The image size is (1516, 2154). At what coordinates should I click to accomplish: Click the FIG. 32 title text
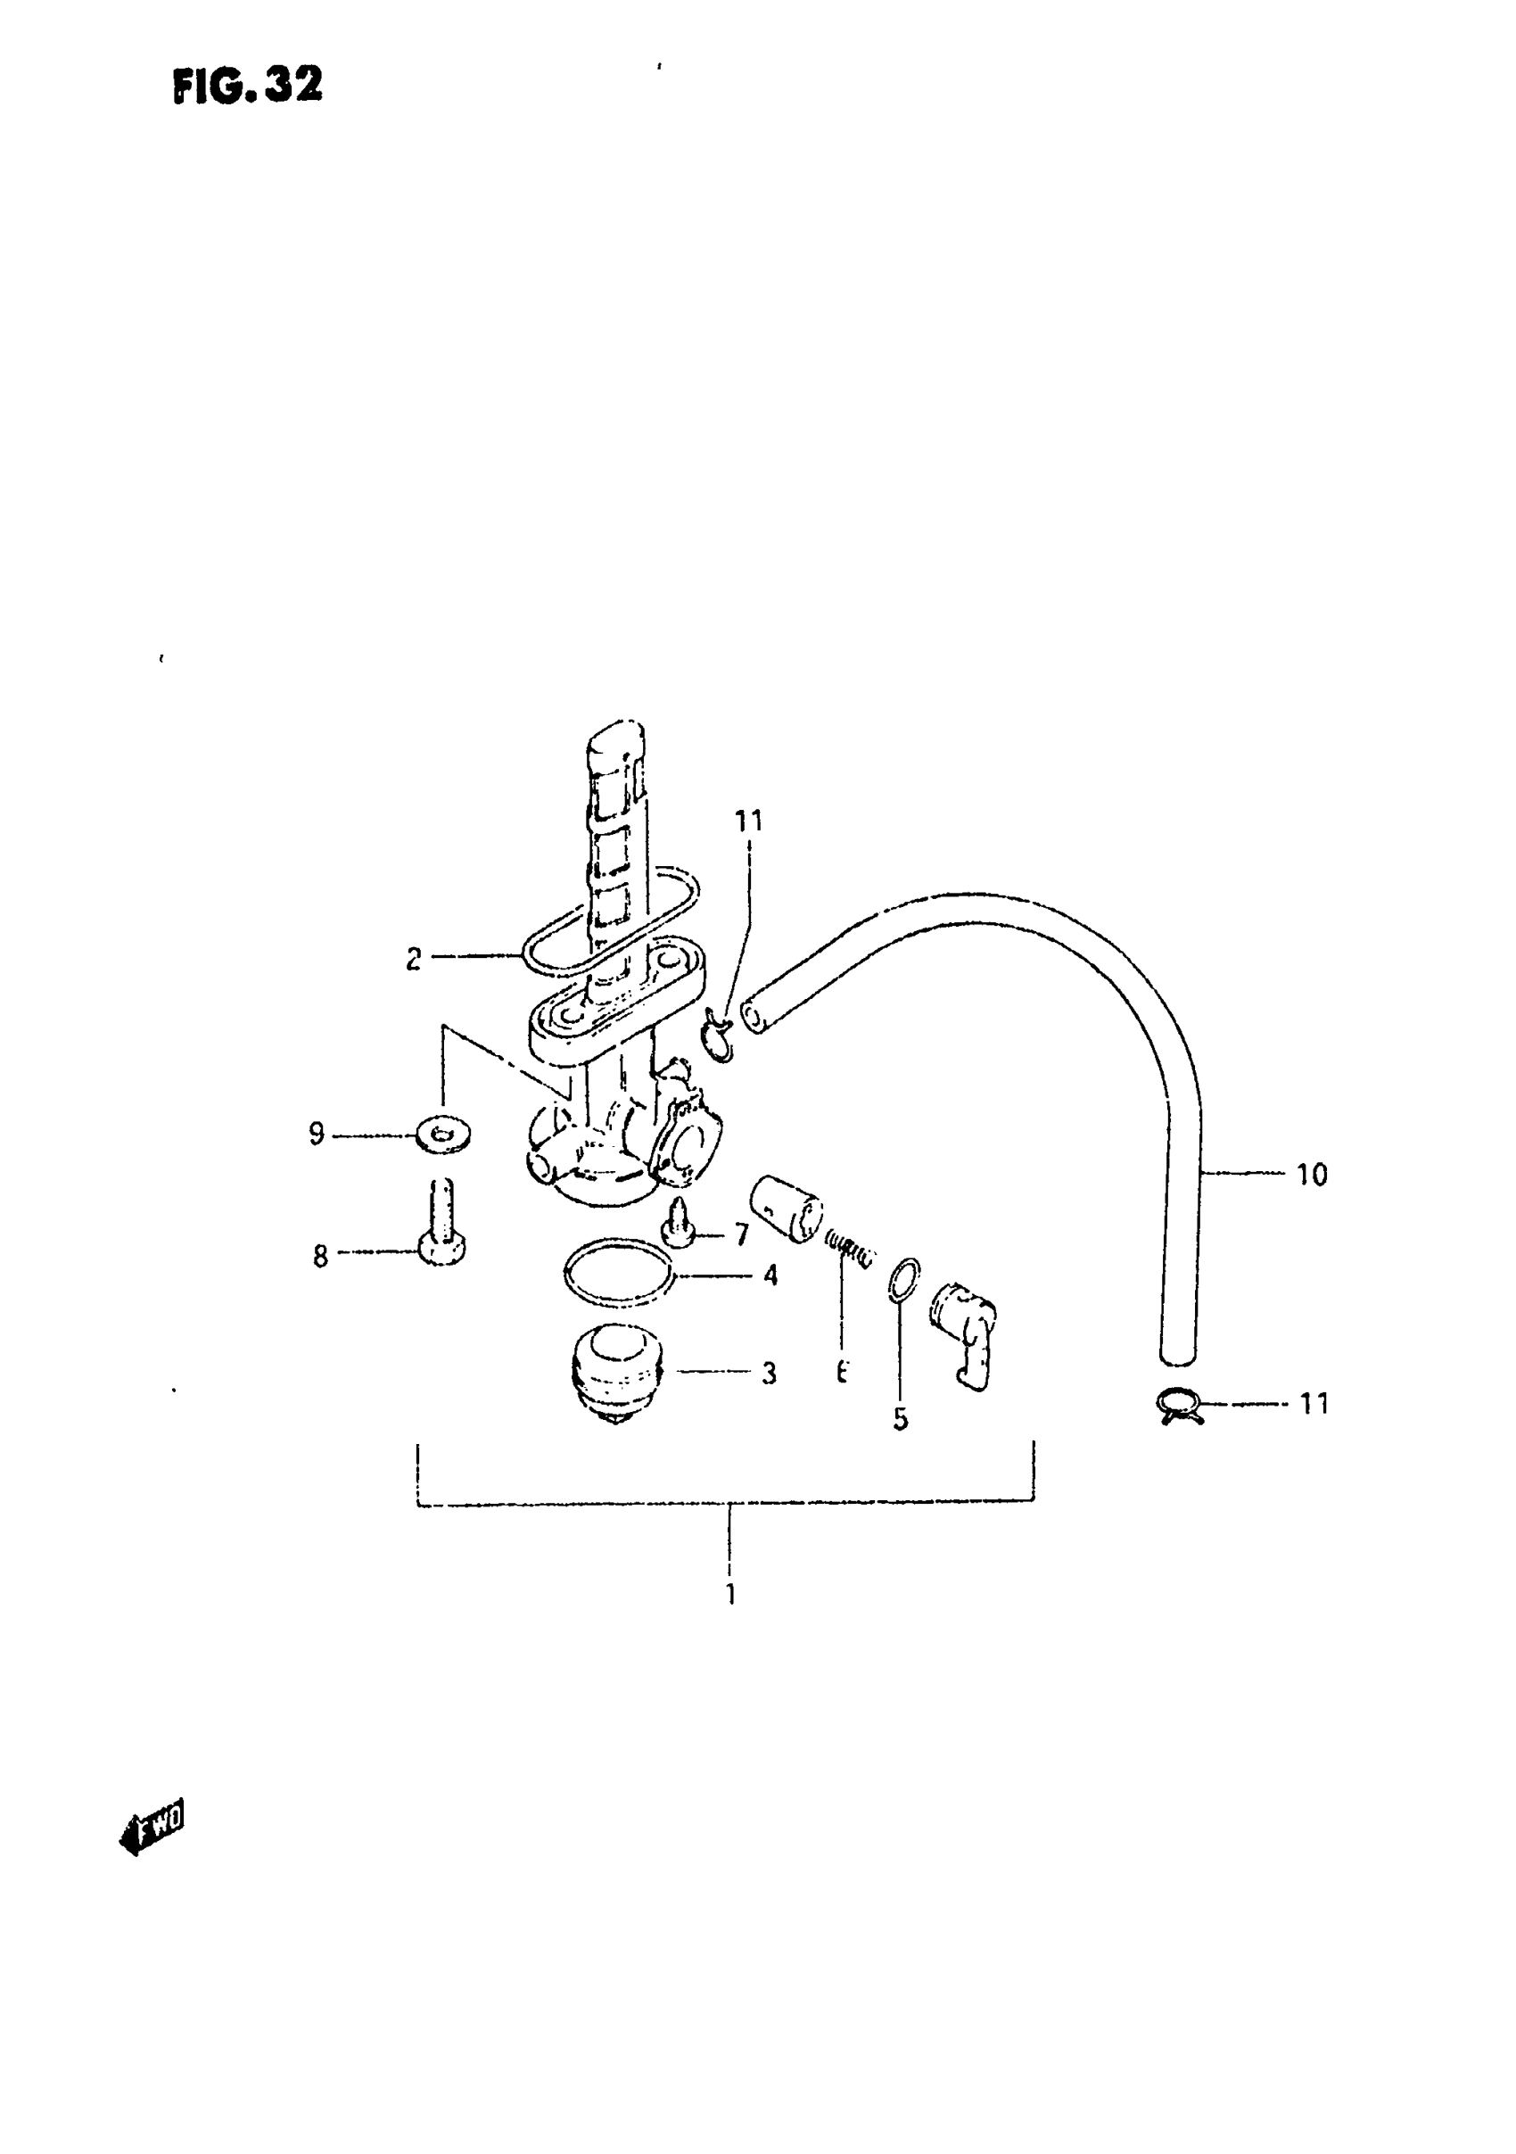click(248, 87)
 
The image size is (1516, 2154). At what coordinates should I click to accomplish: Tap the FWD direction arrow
click(152, 1826)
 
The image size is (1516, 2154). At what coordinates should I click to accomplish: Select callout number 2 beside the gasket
click(414, 959)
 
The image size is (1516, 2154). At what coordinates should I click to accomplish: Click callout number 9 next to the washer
click(317, 1135)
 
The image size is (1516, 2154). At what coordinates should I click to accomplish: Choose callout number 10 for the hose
click(1312, 1175)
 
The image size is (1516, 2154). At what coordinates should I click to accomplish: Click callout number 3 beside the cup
click(769, 1374)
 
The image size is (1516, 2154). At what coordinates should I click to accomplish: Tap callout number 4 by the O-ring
click(770, 1275)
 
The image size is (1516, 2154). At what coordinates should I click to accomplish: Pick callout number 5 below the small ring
click(900, 1420)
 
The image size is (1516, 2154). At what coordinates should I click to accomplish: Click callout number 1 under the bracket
click(729, 1594)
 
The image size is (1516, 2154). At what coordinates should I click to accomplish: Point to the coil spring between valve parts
click(850, 1250)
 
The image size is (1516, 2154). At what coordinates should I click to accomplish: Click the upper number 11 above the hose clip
click(747, 821)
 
